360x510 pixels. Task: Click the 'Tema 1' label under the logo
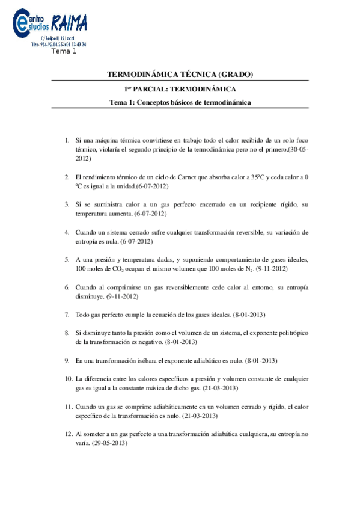tap(65, 51)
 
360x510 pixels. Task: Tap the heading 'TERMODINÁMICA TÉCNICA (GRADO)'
tap(180, 75)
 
